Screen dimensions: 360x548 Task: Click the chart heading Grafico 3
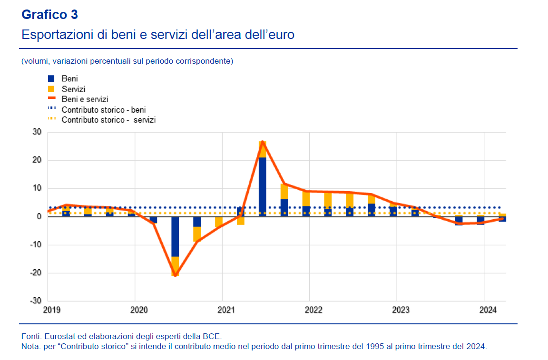point(49,15)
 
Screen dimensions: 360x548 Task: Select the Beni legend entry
point(69,78)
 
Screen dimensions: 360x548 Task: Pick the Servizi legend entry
point(73,89)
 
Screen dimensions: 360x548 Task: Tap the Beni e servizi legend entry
point(85,99)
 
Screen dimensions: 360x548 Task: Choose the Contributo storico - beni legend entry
point(104,110)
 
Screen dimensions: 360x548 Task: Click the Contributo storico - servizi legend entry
point(108,120)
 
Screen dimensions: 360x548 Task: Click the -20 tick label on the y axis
point(35,273)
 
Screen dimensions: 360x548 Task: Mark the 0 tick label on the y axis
point(39,217)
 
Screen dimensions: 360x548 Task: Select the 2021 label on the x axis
point(226,310)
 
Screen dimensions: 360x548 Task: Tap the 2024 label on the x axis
point(488,310)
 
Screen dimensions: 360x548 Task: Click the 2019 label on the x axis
point(52,310)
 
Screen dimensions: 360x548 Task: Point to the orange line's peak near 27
point(262,141)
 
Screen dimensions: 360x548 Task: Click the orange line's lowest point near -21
point(175,275)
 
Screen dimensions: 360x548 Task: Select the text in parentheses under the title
point(127,61)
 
